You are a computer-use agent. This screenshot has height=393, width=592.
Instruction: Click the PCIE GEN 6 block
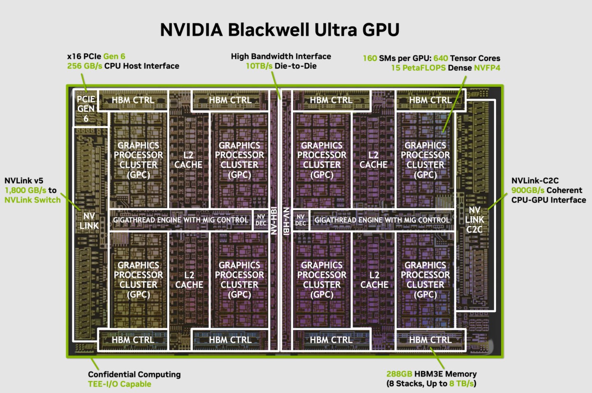click(86, 109)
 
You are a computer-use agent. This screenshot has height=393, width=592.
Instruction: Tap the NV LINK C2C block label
click(474, 220)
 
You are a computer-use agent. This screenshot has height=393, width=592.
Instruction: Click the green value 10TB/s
click(259, 66)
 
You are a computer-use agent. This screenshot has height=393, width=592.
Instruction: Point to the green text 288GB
click(399, 374)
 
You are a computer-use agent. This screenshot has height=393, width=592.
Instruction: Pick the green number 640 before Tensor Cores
click(441, 58)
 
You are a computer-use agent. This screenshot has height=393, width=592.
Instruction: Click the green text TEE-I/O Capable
click(120, 384)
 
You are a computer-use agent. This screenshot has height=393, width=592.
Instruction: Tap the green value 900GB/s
click(527, 191)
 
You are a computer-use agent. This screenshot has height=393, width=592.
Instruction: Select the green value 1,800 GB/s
click(25, 191)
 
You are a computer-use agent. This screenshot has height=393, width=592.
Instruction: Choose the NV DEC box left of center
click(261, 220)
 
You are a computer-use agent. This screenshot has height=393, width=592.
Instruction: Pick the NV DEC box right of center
click(301, 220)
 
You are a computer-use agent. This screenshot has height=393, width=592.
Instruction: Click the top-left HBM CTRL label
click(133, 100)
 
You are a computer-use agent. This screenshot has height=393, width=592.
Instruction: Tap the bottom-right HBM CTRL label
click(430, 340)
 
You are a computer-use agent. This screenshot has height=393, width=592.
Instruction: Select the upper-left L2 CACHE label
click(188, 160)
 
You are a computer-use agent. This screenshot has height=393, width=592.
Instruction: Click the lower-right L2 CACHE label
click(374, 280)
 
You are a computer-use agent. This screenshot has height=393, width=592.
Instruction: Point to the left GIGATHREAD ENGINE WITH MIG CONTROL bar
click(180, 220)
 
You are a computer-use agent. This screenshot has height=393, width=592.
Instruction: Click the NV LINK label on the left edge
click(89, 221)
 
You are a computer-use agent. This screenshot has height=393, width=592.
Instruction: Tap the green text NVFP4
click(487, 68)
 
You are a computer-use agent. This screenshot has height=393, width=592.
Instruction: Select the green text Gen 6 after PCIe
click(114, 57)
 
